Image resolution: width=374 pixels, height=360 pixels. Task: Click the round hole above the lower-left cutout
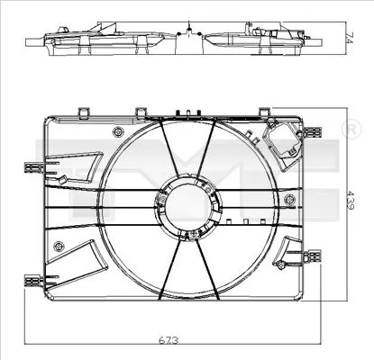point(59,246)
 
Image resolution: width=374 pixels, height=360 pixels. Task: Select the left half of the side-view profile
point(99,38)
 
